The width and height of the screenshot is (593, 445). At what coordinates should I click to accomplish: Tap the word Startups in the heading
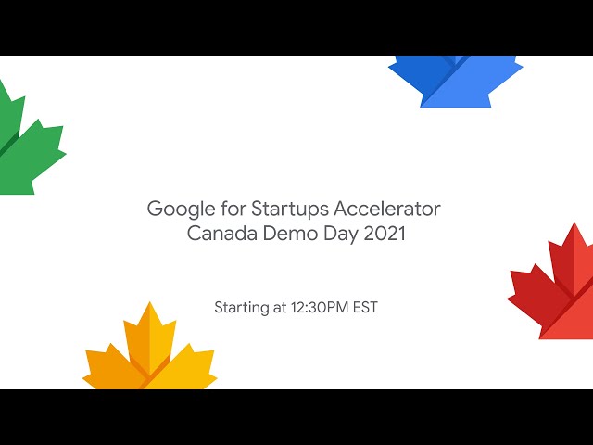(x=289, y=210)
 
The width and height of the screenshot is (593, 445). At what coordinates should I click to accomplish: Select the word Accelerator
(x=387, y=209)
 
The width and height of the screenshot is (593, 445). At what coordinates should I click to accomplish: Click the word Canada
(x=222, y=233)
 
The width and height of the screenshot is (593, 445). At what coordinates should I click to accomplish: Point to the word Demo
(x=290, y=233)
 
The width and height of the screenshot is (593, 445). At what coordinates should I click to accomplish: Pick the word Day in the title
(x=341, y=235)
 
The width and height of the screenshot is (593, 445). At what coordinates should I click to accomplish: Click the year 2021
(x=385, y=233)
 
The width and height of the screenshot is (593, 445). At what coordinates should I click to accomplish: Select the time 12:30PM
(x=320, y=307)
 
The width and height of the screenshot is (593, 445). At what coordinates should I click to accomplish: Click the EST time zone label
(x=365, y=307)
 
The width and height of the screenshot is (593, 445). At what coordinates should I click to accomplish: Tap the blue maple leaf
(x=455, y=82)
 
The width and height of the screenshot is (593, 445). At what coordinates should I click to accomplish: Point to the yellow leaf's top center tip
(x=150, y=301)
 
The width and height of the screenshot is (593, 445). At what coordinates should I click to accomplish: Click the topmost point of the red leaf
(x=574, y=222)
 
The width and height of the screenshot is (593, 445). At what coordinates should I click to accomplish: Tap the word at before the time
(x=280, y=308)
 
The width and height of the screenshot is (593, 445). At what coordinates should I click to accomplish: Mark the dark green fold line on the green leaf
(x=9, y=142)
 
